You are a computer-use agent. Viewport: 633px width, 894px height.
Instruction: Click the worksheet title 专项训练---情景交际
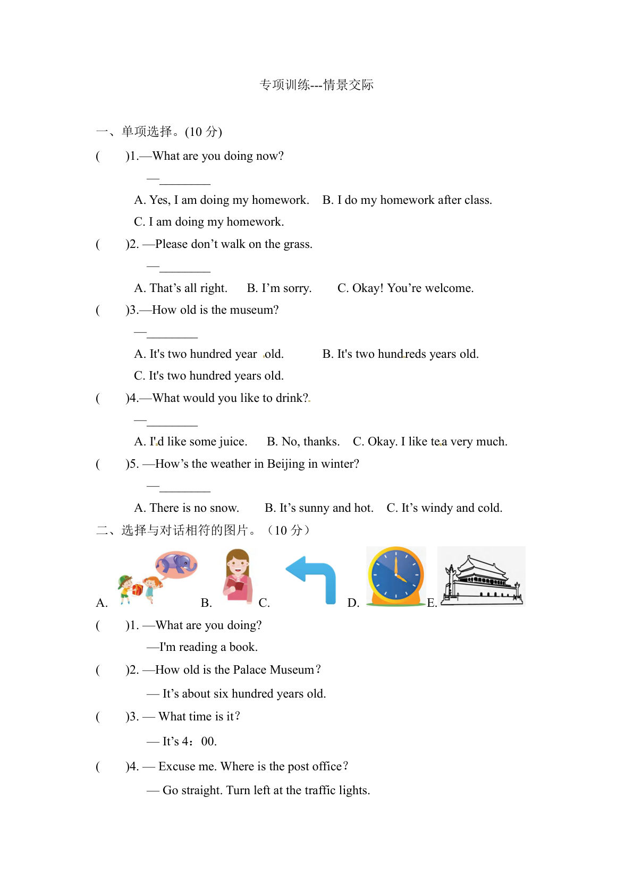[316, 85]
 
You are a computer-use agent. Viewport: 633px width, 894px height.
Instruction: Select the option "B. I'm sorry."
[279, 288]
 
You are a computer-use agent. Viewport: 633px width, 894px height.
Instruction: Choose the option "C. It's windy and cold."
[444, 508]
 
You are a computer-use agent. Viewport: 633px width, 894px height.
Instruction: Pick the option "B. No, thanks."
[303, 442]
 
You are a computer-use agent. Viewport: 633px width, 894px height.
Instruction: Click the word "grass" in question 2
[295, 244]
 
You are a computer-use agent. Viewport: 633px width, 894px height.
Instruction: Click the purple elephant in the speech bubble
[177, 564]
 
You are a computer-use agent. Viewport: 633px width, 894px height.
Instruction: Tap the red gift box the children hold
[138, 589]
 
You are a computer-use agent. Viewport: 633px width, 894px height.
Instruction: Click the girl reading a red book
[237, 576]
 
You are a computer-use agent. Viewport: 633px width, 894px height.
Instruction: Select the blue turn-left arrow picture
[314, 579]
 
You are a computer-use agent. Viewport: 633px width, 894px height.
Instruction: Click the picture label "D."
[353, 603]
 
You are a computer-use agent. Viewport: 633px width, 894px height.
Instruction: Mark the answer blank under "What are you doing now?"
[184, 180]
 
